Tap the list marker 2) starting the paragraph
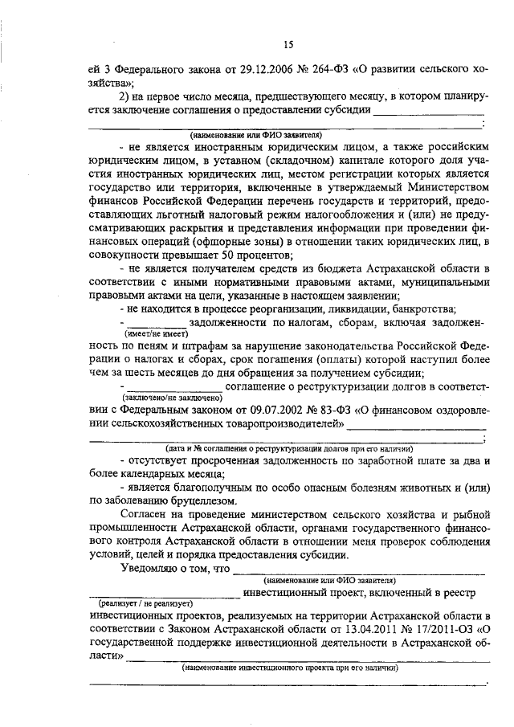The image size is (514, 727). (125, 97)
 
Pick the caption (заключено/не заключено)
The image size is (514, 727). (172, 398)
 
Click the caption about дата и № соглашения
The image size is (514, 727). (289, 448)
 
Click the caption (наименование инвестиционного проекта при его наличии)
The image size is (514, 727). (289, 668)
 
